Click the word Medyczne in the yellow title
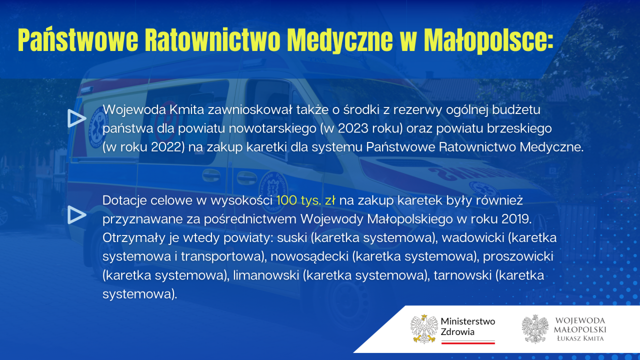339,40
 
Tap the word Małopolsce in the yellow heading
488,40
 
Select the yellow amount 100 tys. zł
305,200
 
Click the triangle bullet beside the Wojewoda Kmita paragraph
76,118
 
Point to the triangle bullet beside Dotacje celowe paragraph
76,215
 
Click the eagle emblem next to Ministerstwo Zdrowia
424,329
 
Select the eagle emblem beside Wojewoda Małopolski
535,329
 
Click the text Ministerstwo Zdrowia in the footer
467,326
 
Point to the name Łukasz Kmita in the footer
580,338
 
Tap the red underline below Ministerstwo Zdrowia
468,342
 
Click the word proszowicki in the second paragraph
518,256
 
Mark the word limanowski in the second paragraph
266,275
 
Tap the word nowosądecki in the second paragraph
309,256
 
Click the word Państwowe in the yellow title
78,40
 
